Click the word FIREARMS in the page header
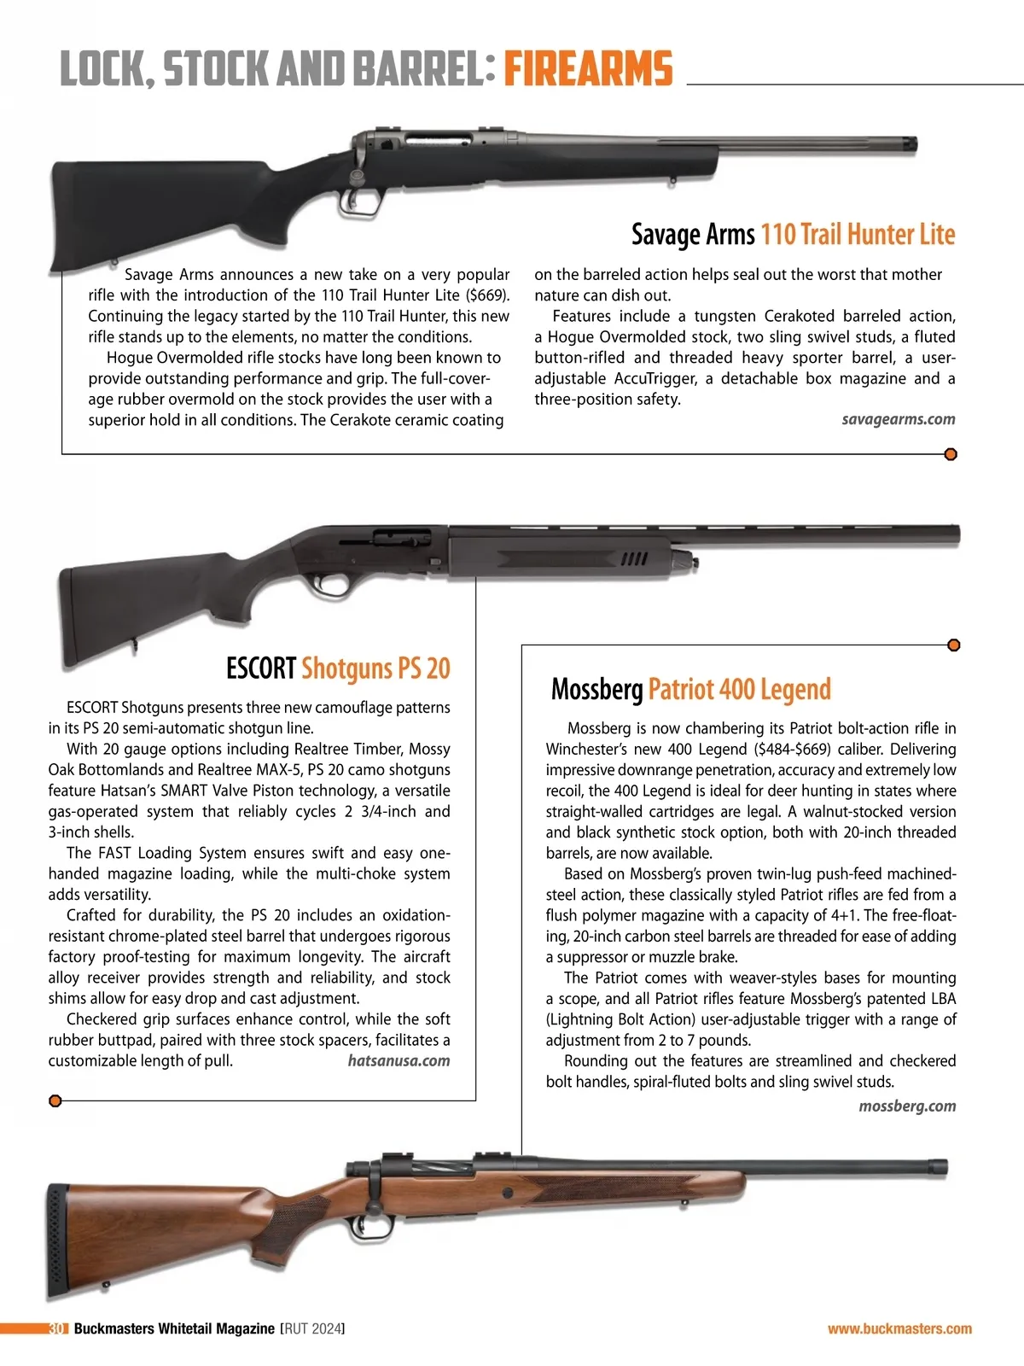588,69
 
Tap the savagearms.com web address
898,419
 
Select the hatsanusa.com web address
399,1060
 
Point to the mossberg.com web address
907,1106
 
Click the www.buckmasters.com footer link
899,1328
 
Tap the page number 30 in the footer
57,1328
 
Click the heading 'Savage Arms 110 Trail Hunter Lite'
793,234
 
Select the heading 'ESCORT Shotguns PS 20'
338,668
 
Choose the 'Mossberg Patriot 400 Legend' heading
690,689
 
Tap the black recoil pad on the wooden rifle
56,1240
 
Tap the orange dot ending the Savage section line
951,454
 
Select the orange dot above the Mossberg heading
954,645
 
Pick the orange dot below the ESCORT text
55,1100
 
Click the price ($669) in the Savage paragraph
486,295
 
